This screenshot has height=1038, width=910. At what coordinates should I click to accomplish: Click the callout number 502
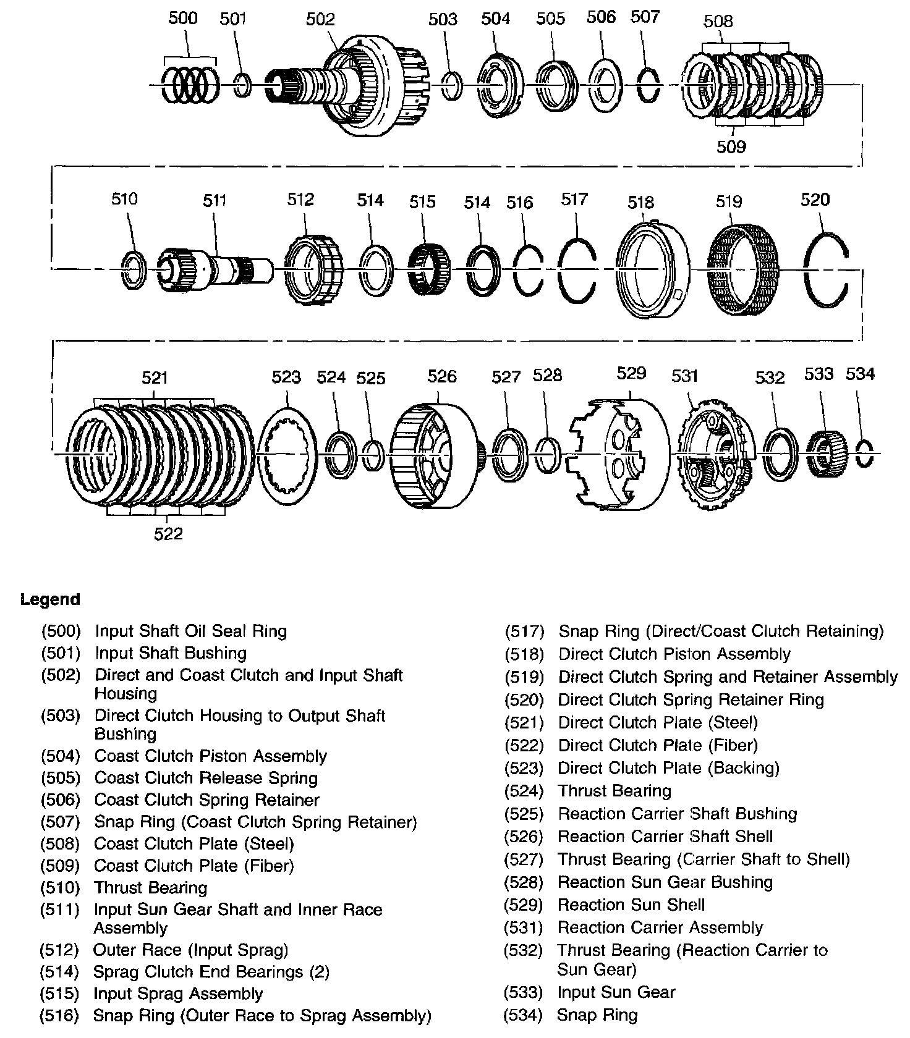point(320,20)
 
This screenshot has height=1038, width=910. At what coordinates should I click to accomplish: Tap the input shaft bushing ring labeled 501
point(243,85)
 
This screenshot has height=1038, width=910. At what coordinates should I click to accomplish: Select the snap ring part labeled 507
point(648,85)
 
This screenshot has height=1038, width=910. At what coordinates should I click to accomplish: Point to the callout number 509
point(731,147)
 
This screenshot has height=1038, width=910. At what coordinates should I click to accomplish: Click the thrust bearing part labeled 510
point(133,270)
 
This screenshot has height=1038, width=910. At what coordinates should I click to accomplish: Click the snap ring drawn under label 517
point(577,269)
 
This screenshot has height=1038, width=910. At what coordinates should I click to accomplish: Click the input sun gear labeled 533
point(825,454)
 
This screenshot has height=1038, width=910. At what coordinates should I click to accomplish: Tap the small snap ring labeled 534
point(864,454)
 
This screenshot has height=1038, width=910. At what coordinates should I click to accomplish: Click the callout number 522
point(168,533)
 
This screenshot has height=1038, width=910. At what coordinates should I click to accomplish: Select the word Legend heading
point(50,600)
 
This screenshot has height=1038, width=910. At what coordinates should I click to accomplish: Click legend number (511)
point(60,909)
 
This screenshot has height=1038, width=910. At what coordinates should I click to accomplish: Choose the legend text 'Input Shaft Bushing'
point(171,653)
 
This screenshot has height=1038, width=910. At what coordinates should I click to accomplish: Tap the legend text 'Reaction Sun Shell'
point(631,905)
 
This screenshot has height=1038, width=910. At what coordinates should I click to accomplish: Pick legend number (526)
point(524,837)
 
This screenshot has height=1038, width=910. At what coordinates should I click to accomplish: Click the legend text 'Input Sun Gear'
point(616,992)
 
